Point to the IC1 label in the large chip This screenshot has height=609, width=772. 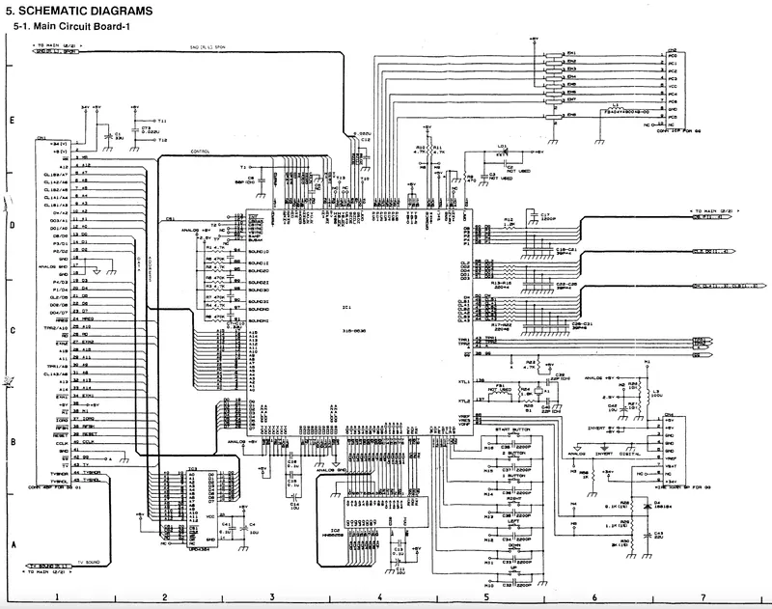coord(345,307)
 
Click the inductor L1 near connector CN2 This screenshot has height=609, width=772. coord(616,107)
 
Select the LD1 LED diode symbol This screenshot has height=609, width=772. coord(501,152)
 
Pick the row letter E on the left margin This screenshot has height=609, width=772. coord(10,122)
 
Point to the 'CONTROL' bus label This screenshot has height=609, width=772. coord(200,152)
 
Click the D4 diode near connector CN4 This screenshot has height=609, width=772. coord(656,501)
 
